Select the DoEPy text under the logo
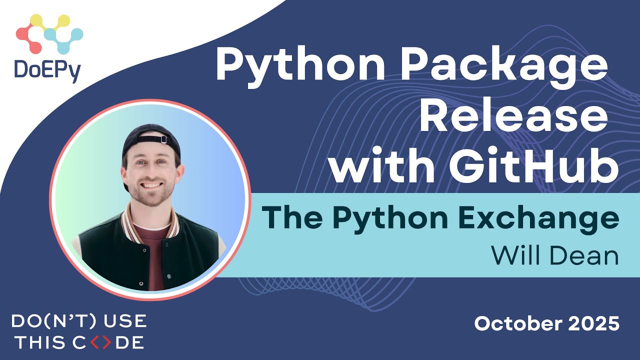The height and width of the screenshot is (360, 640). pos(48,70)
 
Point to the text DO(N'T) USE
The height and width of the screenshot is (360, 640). pos(78,320)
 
